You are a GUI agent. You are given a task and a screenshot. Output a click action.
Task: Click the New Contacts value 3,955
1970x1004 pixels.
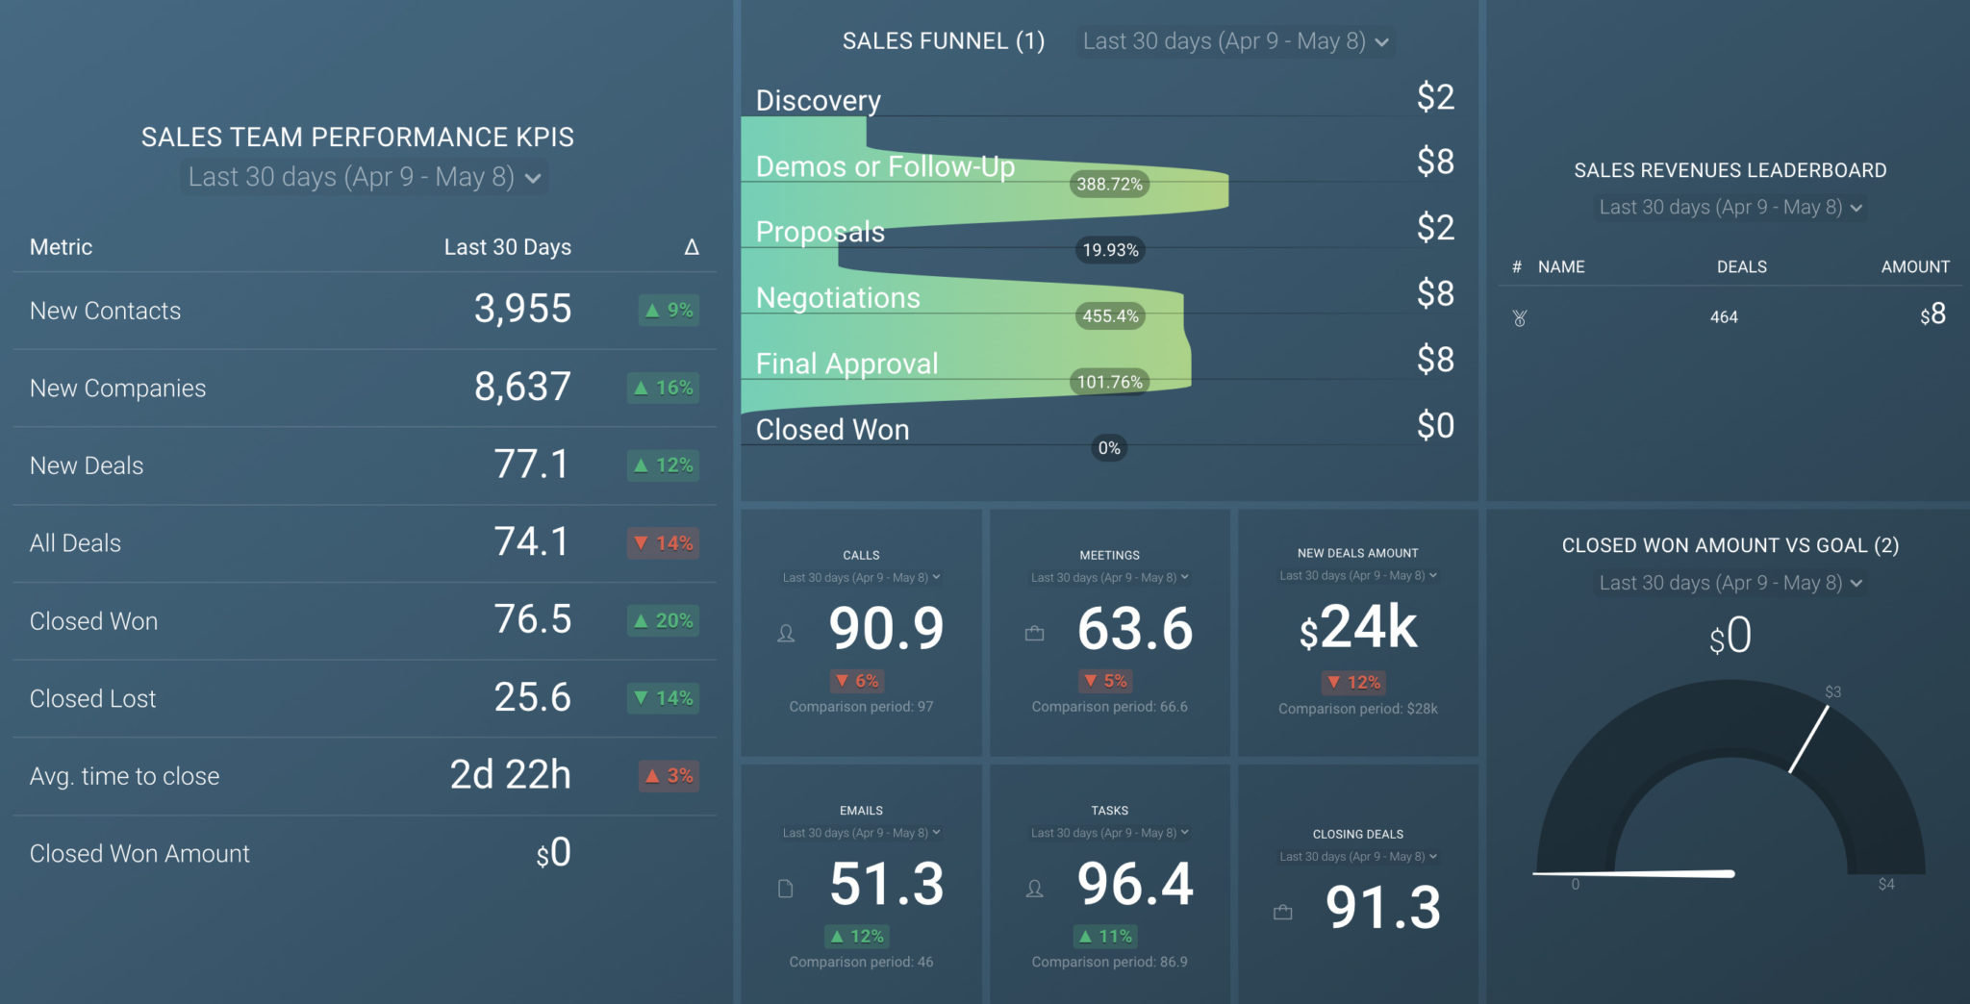[x=522, y=310]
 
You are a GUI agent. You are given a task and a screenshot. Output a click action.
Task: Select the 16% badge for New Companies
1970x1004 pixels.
[x=664, y=388]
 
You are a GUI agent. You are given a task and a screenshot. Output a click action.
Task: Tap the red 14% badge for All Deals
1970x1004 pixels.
[x=664, y=543]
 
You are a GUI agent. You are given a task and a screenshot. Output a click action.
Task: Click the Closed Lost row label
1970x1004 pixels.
[x=92, y=698]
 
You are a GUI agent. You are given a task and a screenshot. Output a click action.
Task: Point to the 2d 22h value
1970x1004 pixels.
[x=510, y=775]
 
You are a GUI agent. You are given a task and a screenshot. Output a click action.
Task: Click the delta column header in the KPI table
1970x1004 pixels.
[x=691, y=247]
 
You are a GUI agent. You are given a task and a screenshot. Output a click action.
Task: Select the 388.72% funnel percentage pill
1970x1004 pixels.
[x=1109, y=184]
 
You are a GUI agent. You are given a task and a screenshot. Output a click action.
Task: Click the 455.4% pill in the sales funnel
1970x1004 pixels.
[x=1110, y=315]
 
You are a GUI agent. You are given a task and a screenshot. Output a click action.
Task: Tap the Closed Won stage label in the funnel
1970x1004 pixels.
[x=832, y=430]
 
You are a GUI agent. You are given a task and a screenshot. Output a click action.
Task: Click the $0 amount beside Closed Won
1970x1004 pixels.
[x=1435, y=425]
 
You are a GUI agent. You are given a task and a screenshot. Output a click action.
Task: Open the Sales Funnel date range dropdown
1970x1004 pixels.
[x=1235, y=41]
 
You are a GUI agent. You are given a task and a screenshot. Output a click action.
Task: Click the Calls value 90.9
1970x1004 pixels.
[x=886, y=629]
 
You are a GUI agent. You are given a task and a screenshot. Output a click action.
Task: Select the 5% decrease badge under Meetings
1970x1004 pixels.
[x=1105, y=681]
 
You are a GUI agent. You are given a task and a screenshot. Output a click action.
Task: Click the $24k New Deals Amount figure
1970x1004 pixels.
[x=1357, y=628]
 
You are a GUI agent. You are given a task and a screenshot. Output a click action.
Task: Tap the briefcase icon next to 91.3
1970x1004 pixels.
[x=1283, y=912]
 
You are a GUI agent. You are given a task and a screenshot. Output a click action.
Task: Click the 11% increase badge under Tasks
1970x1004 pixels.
[x=1105, y=936]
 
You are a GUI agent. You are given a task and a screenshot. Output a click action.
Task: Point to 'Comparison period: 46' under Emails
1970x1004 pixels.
[x=861, y=962]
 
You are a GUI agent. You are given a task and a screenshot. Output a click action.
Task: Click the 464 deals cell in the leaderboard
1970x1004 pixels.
[x=1724, y=316]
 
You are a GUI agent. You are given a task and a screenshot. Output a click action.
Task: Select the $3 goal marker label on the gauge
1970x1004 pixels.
[x=1832, y=691]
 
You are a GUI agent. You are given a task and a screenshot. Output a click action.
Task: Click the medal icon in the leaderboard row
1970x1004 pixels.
[x=1520, y=317]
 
